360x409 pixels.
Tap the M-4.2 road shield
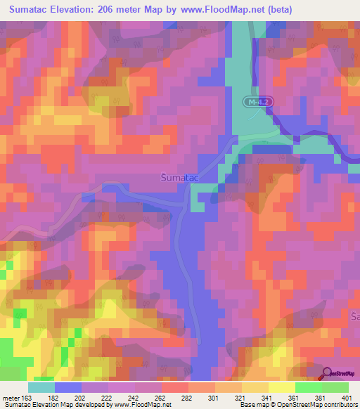[257, 102]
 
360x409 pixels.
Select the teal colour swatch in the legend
[41, 387]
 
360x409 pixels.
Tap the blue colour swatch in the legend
[68, 387]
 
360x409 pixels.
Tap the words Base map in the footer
[254, 405]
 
